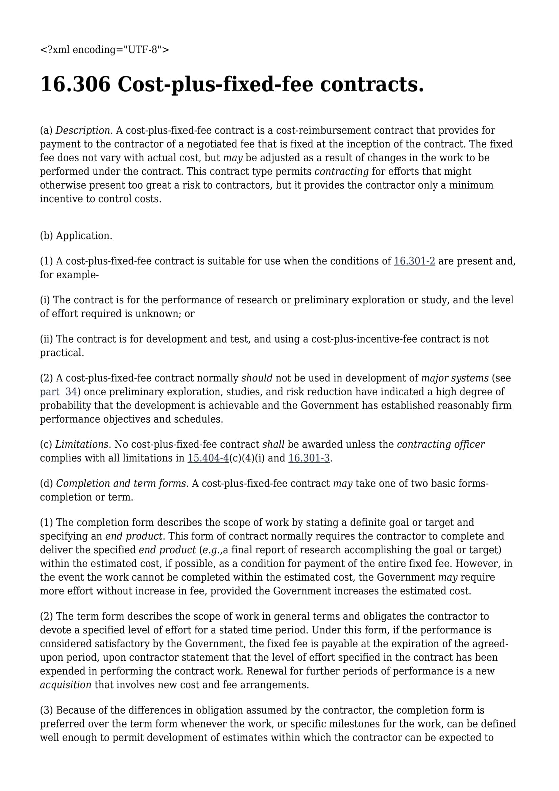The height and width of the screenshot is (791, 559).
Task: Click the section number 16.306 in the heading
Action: point(75,85)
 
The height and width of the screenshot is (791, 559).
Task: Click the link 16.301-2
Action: point(414,261)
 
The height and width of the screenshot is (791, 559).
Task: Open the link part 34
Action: point(58,392)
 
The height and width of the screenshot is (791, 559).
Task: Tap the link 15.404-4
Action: point(208,458)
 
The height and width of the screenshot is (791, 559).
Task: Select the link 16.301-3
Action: point(309,458)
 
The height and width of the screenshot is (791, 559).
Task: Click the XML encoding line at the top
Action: point(105,50)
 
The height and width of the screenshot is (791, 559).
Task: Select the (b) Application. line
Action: point(76,236)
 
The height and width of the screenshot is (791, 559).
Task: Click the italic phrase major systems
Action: point(455,378)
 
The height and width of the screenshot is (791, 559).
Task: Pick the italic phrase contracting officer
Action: point(441,444)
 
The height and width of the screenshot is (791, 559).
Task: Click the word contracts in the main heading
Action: point(372,85)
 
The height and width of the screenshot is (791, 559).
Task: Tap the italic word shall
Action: point(273,444)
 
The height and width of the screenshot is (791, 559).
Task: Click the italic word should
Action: point(257,378)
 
